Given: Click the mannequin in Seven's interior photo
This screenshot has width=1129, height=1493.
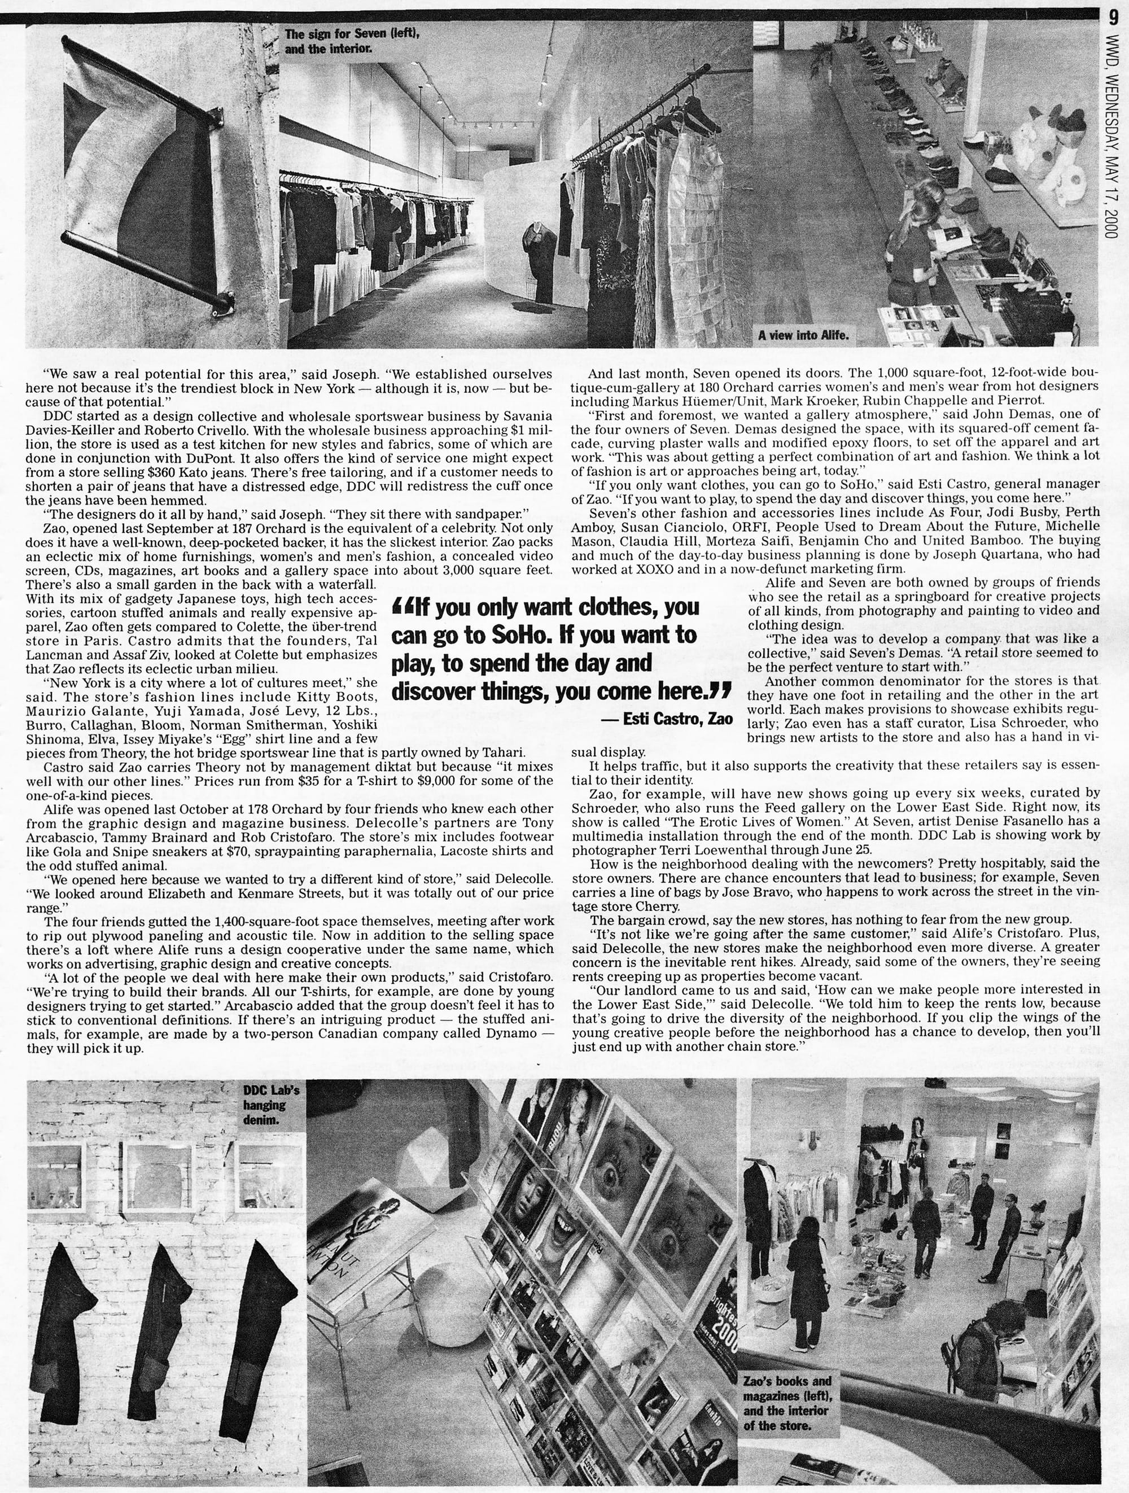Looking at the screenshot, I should (540, 263).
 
